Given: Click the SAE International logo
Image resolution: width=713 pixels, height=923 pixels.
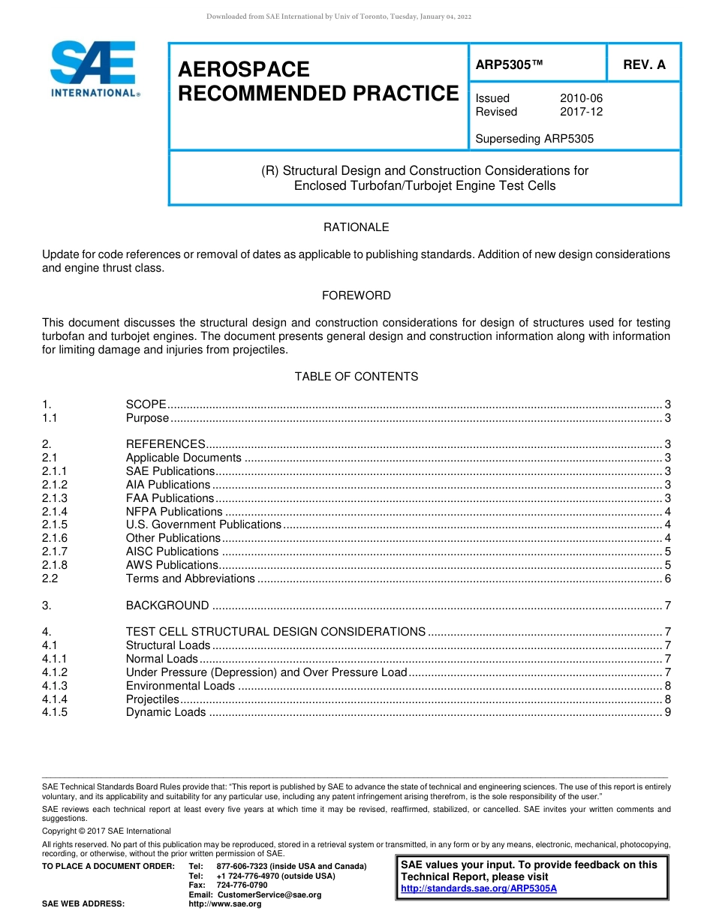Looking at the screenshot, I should [94, 68].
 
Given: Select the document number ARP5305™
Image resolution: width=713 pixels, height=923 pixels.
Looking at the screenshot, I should [509, 65].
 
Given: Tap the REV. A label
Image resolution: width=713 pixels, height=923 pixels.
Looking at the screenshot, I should [644, 65].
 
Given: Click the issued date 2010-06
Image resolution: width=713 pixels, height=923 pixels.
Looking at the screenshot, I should [581, 98].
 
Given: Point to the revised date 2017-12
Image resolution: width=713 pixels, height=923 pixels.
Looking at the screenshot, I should [581, 112].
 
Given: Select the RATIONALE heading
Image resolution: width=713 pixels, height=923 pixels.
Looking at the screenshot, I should [356, 227].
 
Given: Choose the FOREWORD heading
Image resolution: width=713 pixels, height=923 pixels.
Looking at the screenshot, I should [356, 296].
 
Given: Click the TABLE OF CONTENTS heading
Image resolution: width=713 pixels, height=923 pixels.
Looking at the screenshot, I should [356, 377].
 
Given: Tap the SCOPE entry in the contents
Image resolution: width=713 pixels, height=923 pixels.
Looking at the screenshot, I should [146, 404].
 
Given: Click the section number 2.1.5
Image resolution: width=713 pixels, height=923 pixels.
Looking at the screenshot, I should [55, 525].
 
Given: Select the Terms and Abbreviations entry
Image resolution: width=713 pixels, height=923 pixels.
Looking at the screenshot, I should [191, 579].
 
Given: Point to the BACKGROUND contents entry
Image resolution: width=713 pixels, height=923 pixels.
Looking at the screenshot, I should [167, 606].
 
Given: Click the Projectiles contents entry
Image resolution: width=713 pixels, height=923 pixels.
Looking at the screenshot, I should [152, 699].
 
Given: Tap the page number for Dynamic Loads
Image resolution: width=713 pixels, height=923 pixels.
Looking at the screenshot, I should [668, 713].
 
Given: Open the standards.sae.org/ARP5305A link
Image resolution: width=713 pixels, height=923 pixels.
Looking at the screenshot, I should [479, 888].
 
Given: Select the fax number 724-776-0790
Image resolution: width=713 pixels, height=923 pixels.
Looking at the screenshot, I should [242, 885].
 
